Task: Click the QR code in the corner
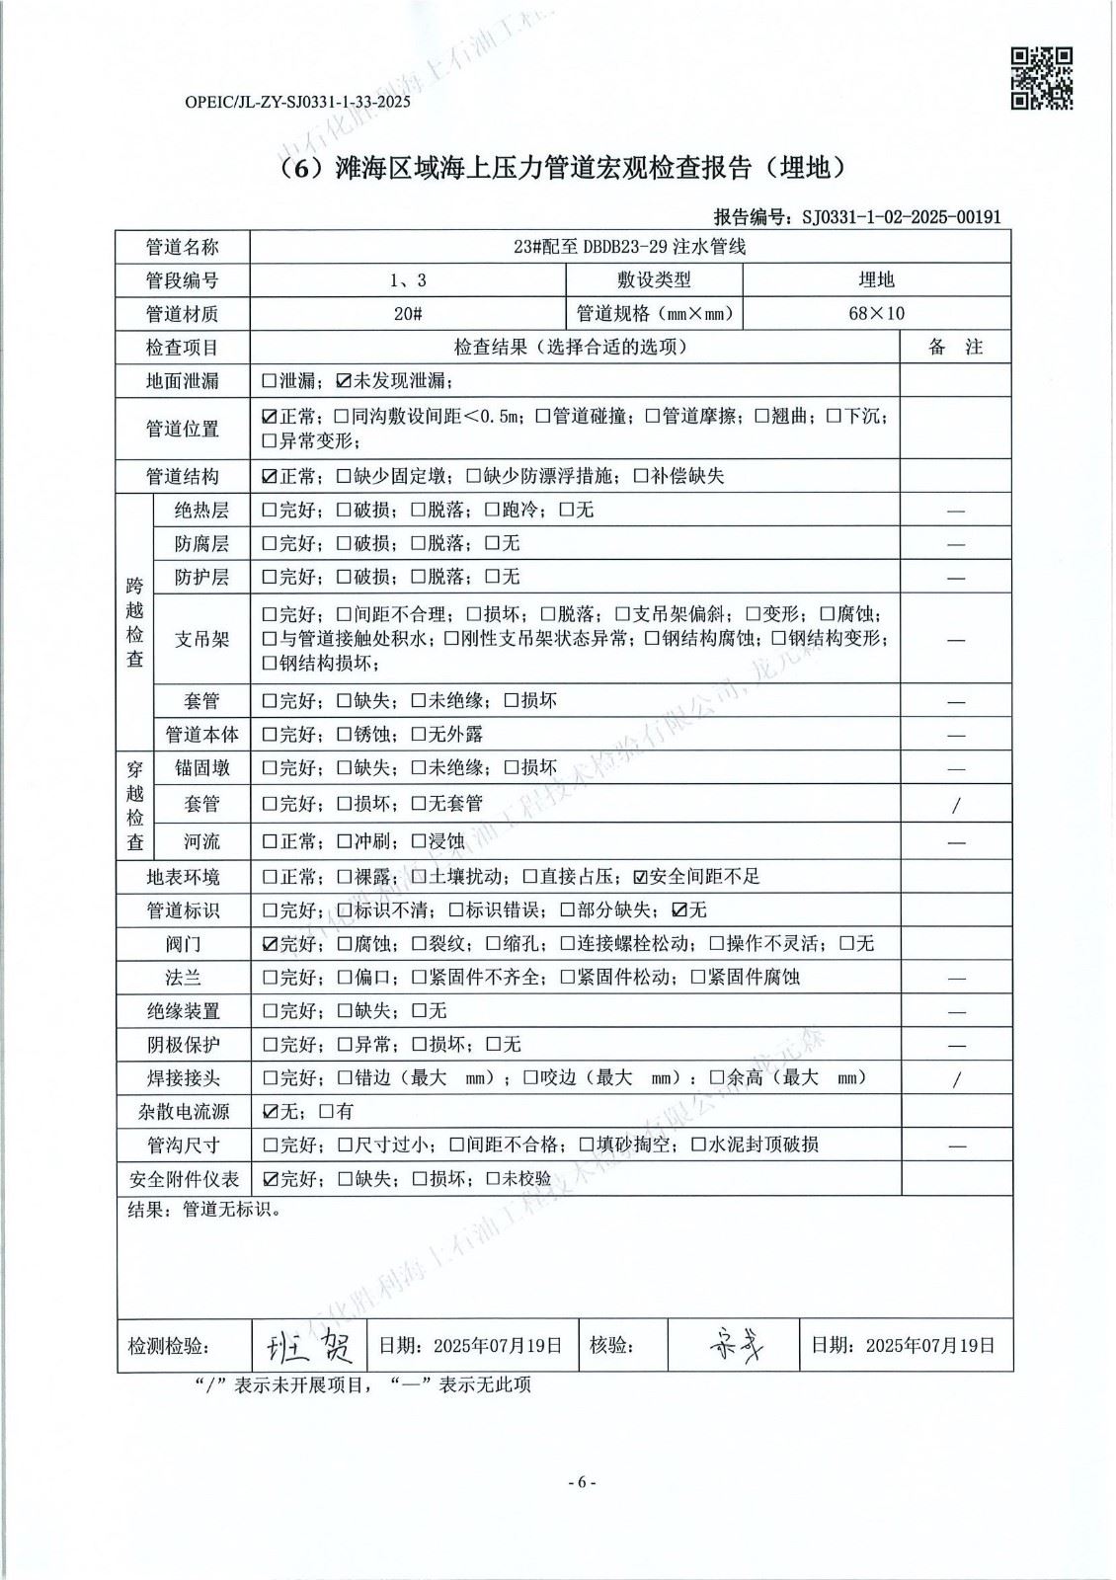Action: (1042, 78)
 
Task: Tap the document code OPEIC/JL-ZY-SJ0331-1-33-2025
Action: (296, 101)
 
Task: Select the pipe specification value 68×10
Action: (876, 313)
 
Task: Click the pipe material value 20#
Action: (408, 313)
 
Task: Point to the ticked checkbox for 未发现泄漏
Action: (344, 380)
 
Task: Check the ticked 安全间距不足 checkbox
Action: (640, 876)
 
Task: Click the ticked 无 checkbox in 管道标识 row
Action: (678, 909)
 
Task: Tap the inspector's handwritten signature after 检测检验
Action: (310, 1344)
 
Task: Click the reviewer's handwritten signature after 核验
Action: (736, 1344)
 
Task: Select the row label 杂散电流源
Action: (183, 1111)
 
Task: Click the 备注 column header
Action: (955, 347)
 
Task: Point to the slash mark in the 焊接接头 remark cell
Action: (955, 1079)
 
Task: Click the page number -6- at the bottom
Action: (582, 1482)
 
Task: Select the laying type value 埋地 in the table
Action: (876, 279)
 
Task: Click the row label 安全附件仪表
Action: (183, 1178)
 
